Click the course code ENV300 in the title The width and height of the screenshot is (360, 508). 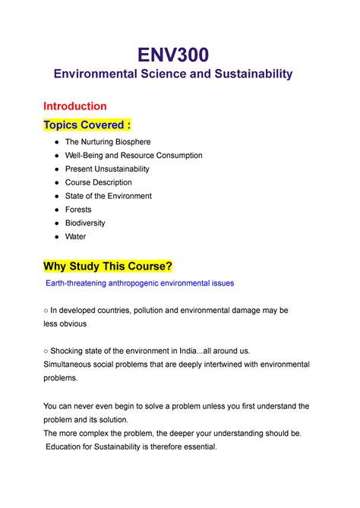(181, 54)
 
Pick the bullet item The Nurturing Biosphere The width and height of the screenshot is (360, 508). (108, 142)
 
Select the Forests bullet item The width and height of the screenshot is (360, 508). (78, 210)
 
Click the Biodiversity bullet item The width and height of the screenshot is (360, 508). (85, 223)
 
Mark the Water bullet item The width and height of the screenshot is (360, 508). (76, 237)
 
